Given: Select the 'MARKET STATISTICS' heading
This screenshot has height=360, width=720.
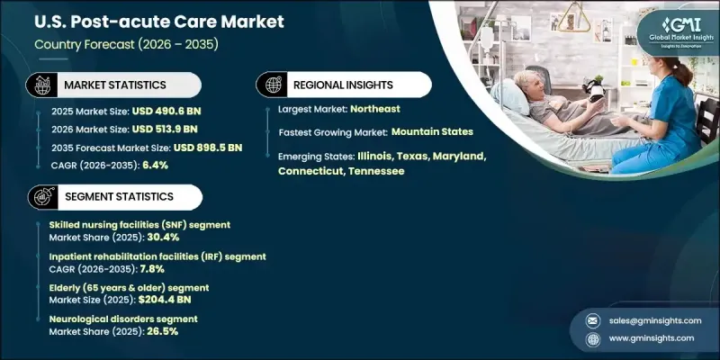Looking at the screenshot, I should click(x=114, y=85).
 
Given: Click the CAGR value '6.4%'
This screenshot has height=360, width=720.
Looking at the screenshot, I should click(x=156, y=165).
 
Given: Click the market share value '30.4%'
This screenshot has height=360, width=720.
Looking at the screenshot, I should click(x=164, y=238).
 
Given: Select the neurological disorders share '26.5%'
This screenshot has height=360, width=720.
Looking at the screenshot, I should click(x=163, y=331).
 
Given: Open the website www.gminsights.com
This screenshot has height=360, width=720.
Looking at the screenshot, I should click(x=651, y=338).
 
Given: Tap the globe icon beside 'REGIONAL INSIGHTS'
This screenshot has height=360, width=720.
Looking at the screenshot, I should click(x=272, y=85).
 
